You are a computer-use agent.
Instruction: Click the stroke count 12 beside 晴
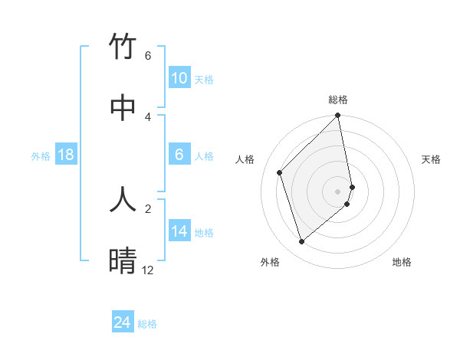pos(147,270)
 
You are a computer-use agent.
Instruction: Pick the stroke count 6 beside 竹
pos(148,56)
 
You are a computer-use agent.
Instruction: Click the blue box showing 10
pos(179,78)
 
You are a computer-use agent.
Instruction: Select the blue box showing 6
pos(179,155)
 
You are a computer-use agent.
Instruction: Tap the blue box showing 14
pos(179,231)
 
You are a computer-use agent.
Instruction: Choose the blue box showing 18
pos(66,155)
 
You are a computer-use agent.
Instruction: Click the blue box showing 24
pos(122,322)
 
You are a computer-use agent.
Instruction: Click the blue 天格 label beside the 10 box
pos(203,80)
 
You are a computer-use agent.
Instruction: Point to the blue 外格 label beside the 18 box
pos(41,156)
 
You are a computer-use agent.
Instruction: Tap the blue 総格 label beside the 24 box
pos(147,324)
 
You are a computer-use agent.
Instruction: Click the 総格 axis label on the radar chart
pos(338,100)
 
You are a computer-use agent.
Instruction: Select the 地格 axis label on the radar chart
pos(402,262)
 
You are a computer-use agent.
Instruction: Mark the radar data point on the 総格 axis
pos(338,116)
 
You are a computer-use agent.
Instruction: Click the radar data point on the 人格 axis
pos(280,172)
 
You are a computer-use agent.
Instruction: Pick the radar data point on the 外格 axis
pos(302,242)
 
